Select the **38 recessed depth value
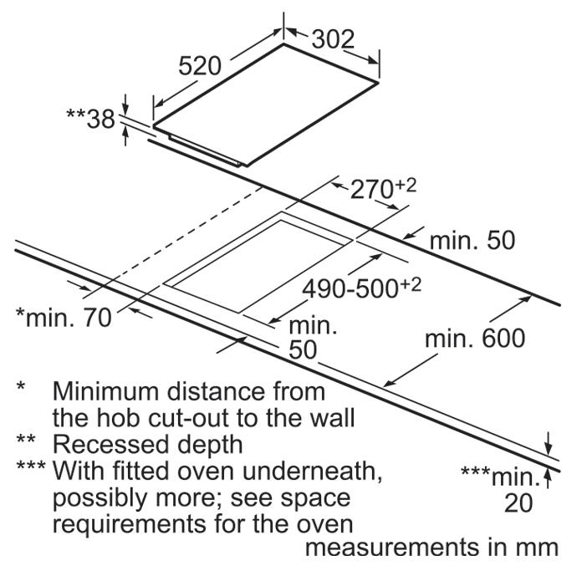[89, 120]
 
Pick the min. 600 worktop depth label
[475, 339]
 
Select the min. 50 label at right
[473, 241]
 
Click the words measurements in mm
[431, 549]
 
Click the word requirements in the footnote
[132, 525]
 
